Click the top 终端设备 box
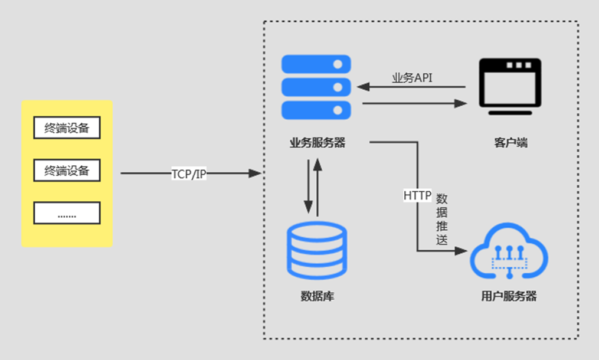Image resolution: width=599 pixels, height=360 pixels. [67, 127]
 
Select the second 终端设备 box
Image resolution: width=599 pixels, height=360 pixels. [67, 171]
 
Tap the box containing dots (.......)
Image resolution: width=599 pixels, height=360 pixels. [67, 213]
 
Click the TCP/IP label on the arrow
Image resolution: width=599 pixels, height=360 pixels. [189, 174]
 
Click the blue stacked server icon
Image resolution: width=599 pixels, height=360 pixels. [316, 87]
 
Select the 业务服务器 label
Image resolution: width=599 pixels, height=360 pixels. [317, 143]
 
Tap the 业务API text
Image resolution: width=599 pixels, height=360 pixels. [412, 77]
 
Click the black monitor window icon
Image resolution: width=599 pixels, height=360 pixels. [510, 86]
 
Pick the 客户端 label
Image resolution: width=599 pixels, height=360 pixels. [510, 143]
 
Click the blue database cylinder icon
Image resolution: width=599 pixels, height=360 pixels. [317, 251]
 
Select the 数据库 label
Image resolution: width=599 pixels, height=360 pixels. [317, 296]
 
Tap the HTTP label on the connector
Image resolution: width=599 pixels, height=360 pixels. [417, 196]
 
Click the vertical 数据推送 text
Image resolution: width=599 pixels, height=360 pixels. [441, 219]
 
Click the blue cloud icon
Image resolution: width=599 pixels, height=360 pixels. [509, 251]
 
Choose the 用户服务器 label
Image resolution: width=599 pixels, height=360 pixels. [509, 296]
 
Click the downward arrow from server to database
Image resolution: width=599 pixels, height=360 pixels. [308, 186]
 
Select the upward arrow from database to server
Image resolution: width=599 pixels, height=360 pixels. [317, 187]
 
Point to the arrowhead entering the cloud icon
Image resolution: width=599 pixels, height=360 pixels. [461, 251]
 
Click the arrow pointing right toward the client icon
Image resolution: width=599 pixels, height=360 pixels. [414, 103]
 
